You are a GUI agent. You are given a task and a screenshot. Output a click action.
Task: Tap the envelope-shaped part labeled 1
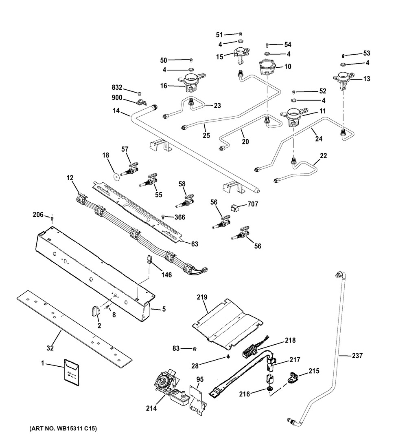(x=72, y=372)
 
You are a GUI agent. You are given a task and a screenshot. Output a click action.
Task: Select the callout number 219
(x=202, y=297)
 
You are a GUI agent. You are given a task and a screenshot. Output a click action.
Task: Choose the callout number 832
(x=117, y=87)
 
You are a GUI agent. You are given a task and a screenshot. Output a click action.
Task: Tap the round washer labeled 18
(x=117, y=176)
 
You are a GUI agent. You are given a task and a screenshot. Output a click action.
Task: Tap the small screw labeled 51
(x=240, y=34)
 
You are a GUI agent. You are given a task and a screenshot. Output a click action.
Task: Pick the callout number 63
(x=195, y=244)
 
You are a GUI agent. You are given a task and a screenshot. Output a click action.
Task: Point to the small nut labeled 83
(x=195, y=349)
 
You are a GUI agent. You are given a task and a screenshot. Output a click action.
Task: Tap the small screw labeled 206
(x=53, y=218)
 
